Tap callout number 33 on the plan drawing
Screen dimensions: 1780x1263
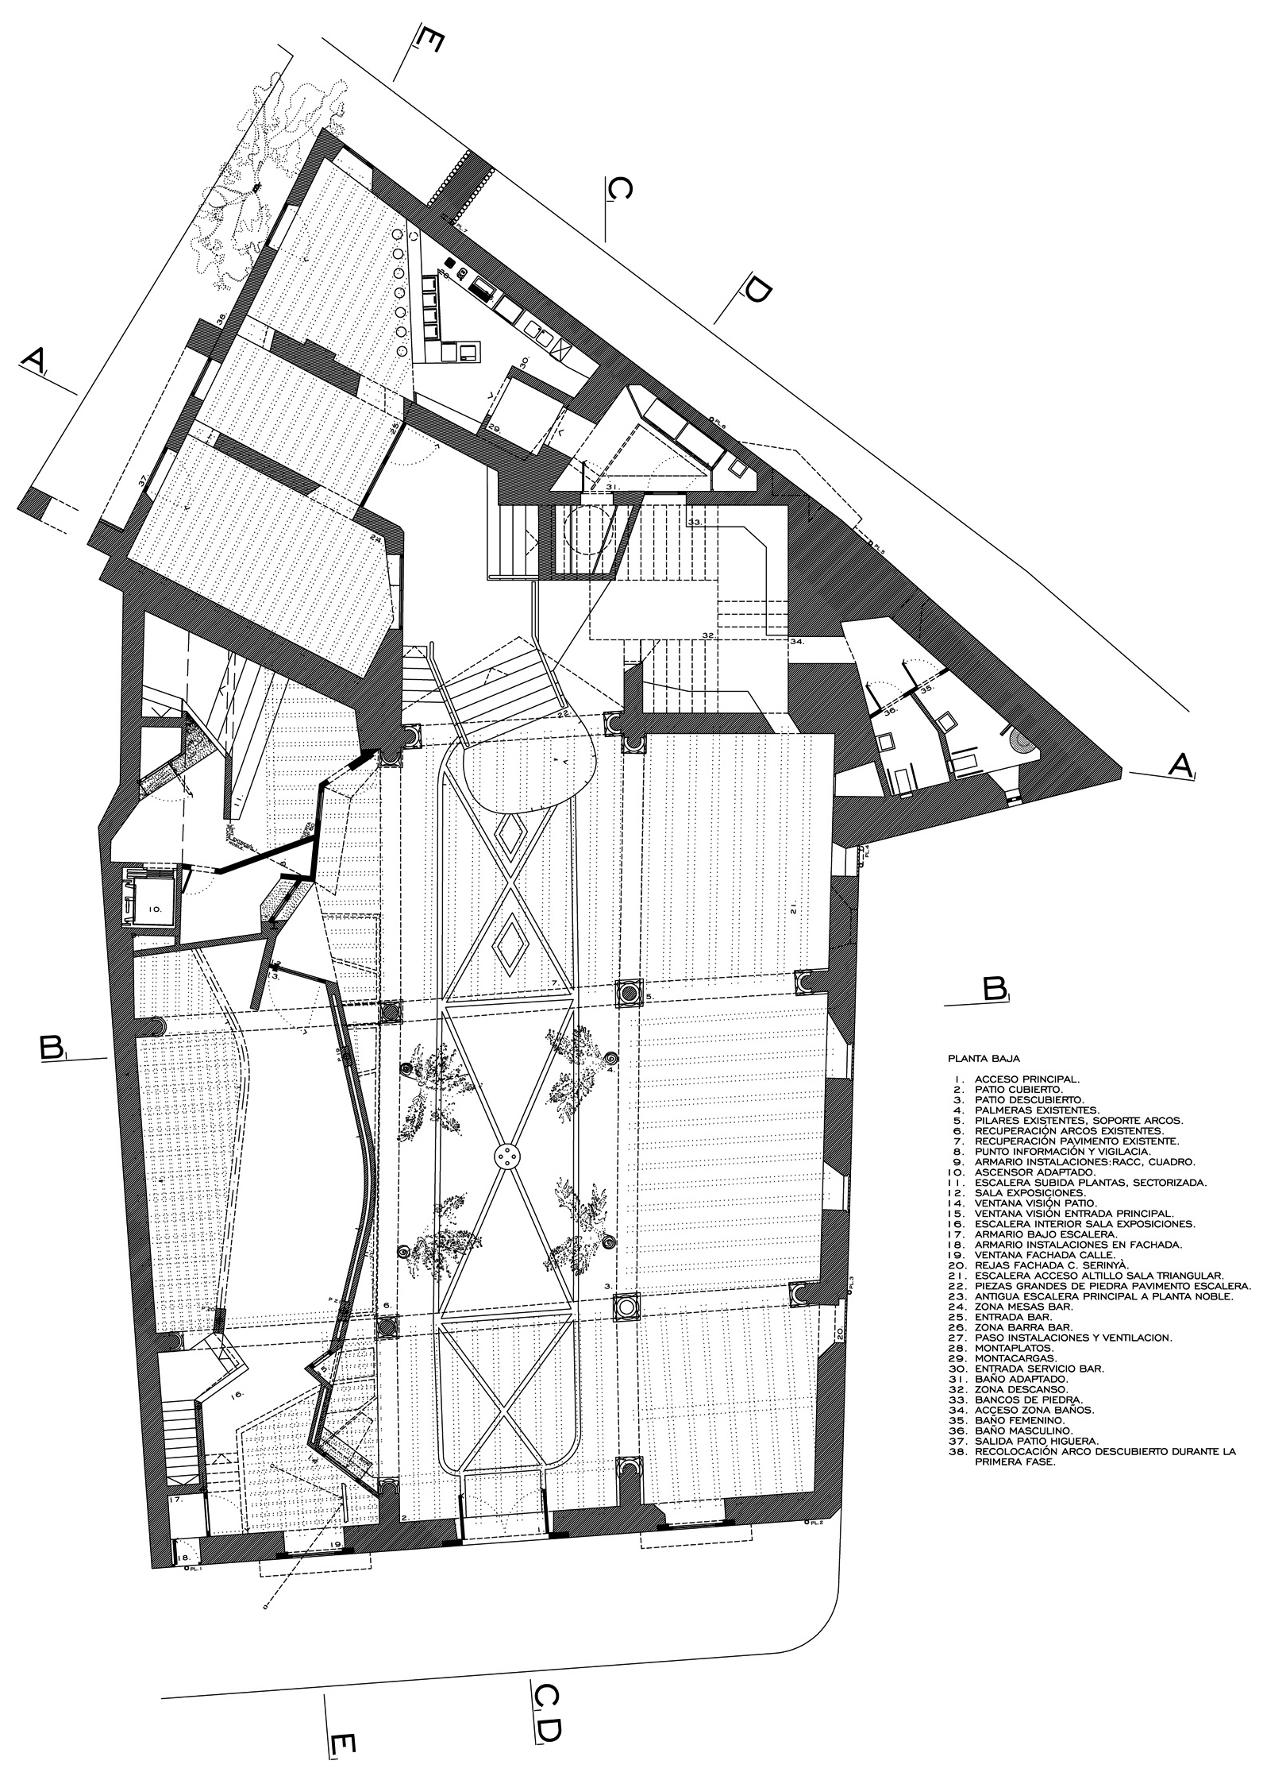coord(695,523)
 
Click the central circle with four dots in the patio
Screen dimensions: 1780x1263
coord(506,1157)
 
